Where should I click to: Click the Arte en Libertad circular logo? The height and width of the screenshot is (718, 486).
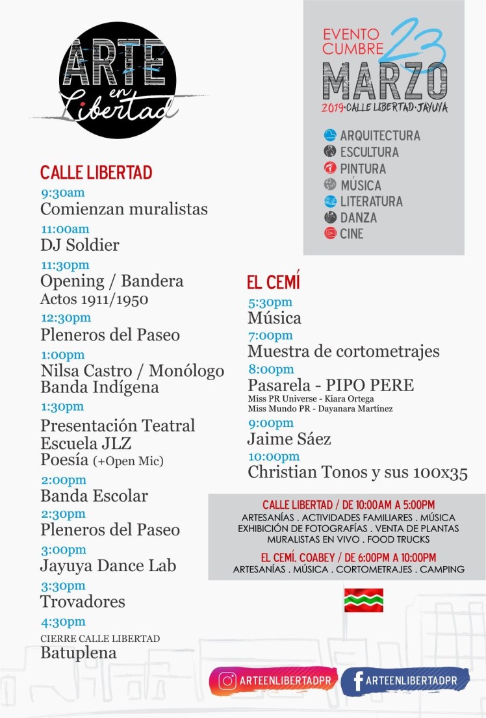(x=117, y=80)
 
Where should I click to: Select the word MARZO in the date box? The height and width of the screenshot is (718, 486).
(x=385, y=82)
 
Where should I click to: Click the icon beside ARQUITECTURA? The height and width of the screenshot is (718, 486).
(x=330, y=136)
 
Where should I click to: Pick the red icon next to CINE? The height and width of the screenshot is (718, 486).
(x=330, y=233)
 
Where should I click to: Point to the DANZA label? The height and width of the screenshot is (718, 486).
(x=358, y=218)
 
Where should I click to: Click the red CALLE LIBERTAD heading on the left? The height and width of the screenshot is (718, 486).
(x=96, y=173)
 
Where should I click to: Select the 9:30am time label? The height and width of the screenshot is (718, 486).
(x=62, y=193)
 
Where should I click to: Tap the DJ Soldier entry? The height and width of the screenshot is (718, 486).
(x=80, y=246)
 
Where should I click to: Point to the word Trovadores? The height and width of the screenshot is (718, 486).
(x=83, y=602)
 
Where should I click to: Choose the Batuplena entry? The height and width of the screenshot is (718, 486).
(x=79, y=653)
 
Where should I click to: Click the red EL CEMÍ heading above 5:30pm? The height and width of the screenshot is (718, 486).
(x=273, y=283)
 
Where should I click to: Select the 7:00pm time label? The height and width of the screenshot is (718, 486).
(x=270, y=336)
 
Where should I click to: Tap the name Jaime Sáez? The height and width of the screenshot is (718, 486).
(x=289, y=439)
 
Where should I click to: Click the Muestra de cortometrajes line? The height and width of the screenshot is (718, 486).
(x=343, y=352)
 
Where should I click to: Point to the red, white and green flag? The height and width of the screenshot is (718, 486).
(x=363, y=600)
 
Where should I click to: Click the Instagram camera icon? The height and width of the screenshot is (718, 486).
(x=227, y=681)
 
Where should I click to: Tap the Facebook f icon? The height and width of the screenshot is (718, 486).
(x=357, y=681)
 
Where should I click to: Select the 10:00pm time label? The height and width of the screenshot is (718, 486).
(x=274, y=457)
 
